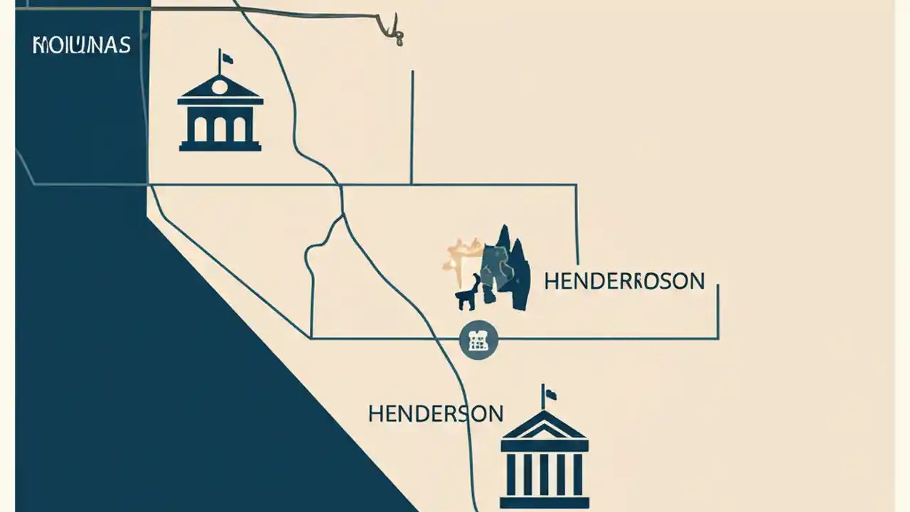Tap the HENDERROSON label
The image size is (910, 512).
click(x=624, y=281)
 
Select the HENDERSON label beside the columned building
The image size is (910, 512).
click(x=435, y=413)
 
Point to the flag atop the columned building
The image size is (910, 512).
click(x=550, y=393)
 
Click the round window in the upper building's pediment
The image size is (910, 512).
click(x=220, y=87)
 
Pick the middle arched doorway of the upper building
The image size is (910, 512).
click(x=220, y=129)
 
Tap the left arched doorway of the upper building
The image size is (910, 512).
click(x=200, y=129)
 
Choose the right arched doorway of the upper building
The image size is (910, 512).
click(x=240, y=129)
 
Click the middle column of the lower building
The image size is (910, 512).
click(x=544, y=474)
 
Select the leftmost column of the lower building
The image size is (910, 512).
click(x=510, y=474)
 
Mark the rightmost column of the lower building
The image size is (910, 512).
click(x=577, y=474)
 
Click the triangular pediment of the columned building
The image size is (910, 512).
click(x=544, y=427)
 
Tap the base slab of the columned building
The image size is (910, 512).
click(x=544, y=503)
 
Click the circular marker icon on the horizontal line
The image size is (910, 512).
click(x=478, y=340)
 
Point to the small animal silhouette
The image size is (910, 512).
click(x=467, y=294)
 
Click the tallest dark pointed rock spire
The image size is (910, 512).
click(x=505, y=249)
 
